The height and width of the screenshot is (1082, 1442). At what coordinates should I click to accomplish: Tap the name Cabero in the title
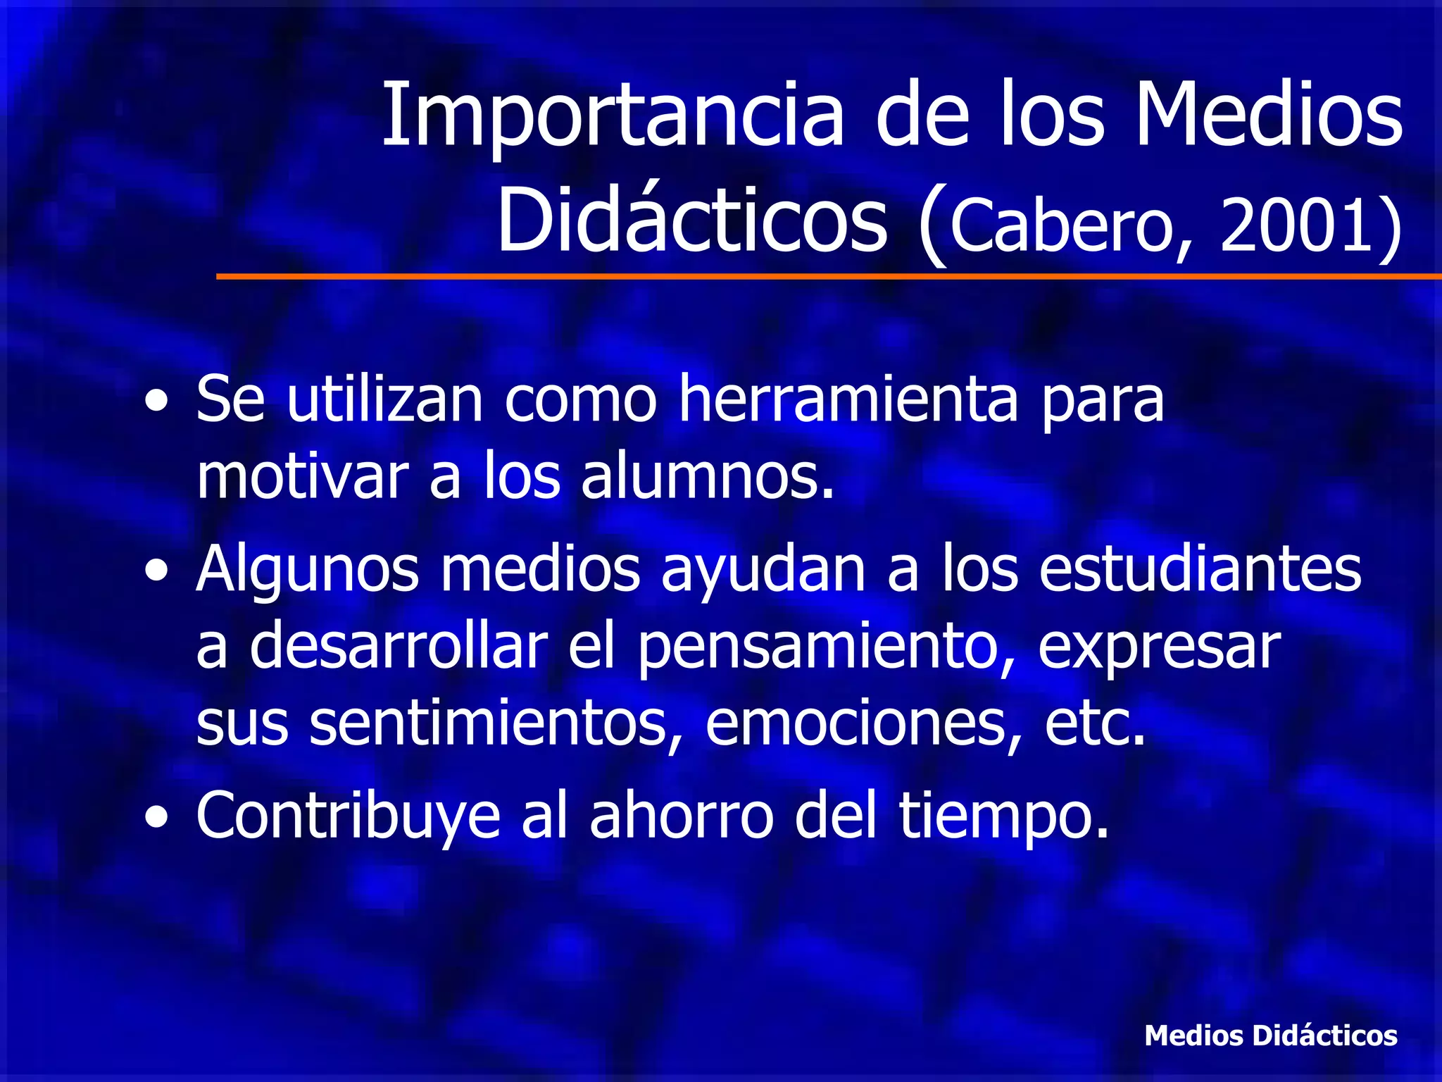1060,226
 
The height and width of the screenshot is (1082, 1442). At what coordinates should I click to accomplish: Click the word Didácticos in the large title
692,220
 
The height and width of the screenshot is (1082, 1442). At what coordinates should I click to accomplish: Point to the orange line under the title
828,277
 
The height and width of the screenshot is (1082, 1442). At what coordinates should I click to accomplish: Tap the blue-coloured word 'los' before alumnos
522,476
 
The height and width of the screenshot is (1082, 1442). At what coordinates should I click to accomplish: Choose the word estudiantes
1200,569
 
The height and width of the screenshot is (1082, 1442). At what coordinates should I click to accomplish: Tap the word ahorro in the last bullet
682,816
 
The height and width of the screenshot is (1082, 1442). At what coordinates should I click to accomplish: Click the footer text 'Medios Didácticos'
1270,1036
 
